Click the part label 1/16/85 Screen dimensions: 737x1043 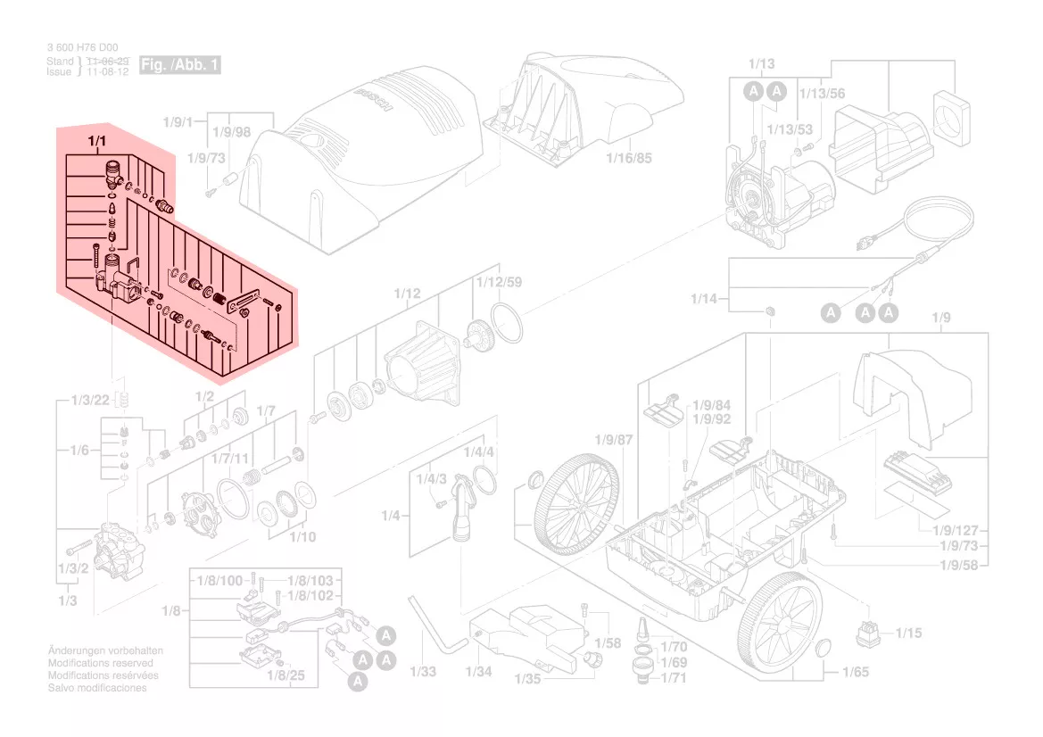coord(629,159)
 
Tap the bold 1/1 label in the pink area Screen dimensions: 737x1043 coord(96,142)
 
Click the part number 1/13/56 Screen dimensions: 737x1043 coord(822,94)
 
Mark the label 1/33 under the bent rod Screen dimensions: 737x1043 coord(424,672)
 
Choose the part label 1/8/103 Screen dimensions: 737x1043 coord(310,581)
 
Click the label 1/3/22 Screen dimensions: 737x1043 coord(89,399)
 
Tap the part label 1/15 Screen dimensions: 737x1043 coord(910,633)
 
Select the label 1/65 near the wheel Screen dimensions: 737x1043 coord(855,672)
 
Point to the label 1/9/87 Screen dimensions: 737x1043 coord(613,440)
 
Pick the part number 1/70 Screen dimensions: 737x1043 coord(674,647)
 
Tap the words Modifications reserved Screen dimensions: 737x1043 coord(100,664)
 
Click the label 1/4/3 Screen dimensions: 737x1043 coord(431,479)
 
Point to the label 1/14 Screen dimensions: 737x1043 coord(704,298)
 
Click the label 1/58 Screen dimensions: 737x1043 coord(608,643)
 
